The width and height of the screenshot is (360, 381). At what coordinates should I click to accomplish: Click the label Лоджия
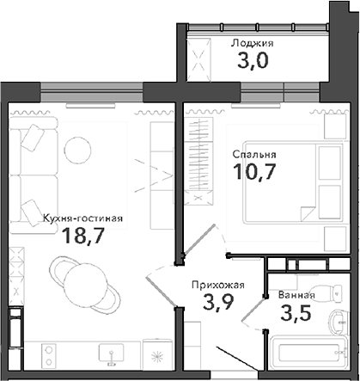tap(253, 42)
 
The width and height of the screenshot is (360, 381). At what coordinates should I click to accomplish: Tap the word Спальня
tap(254, 155)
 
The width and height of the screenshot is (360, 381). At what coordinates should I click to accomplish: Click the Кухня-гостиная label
tap(82, 218)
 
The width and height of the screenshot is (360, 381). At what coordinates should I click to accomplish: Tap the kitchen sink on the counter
tap(110, 355)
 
